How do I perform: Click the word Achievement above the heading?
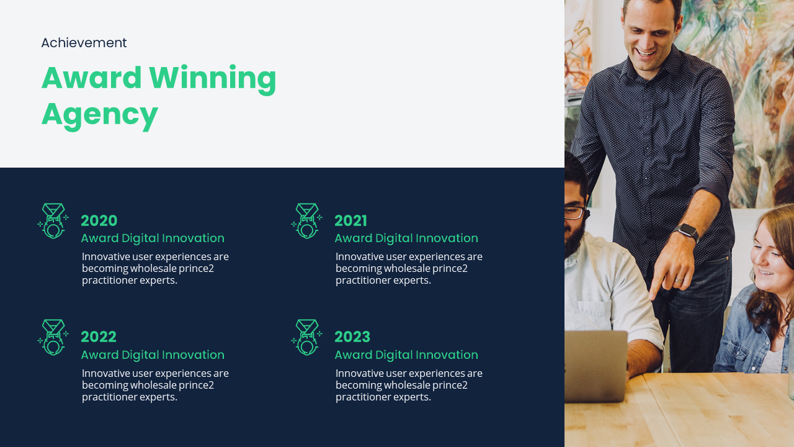[84, 43]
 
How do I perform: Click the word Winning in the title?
[212, 79]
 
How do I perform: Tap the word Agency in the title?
[100, 115]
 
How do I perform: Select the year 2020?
[99, 220]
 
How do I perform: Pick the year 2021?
[351, 220]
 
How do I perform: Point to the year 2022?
[99, 337]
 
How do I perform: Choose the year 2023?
[352, 337]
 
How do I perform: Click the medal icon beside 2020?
[53, 220]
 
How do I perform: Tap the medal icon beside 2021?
[307, 220]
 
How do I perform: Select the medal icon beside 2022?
[53, 337]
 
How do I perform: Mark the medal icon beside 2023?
[307, 337]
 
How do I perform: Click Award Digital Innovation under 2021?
[406, 238]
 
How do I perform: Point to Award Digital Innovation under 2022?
[153, 354]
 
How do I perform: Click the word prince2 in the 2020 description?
[196, 269]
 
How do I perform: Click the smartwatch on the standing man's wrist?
[687, 232]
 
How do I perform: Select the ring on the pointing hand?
[679, 280]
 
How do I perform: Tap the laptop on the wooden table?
[595, 366]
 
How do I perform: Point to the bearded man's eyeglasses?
[575, 212]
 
